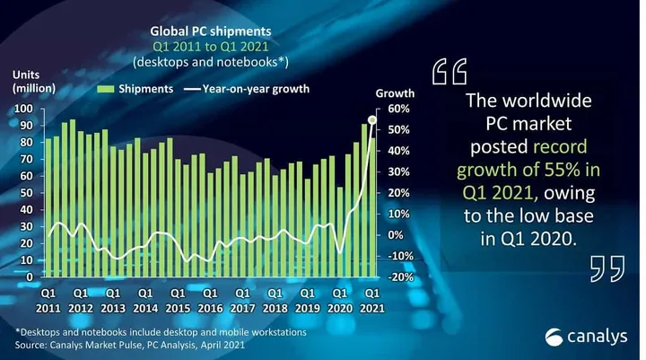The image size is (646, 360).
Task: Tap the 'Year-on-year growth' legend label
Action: [x=256, y=89]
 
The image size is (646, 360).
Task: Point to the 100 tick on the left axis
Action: [x=24, y=109]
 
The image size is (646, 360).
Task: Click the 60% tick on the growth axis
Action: [x=399, y=109]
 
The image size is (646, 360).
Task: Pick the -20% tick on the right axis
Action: [x=399, y=277]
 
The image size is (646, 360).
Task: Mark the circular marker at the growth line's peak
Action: [x=372, y=118]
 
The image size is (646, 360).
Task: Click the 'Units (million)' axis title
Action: [x=33, y=81]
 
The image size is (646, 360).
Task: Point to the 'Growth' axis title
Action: [x=394, y=93]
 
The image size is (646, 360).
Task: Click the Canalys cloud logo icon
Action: [x=555, y=337]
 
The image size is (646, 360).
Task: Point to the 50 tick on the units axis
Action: [x=27, y=193]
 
